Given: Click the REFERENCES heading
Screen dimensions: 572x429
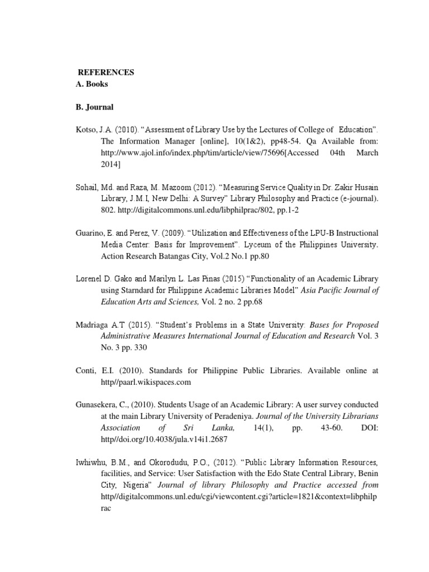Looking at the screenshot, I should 106,73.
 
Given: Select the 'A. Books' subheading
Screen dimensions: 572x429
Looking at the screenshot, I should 92,84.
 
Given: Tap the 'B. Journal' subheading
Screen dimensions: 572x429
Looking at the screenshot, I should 95,107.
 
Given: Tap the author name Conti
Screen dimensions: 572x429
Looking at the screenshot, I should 84,370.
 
